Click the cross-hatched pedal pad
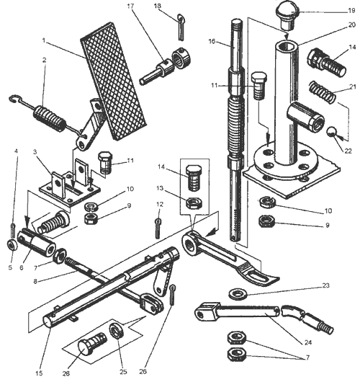(114, 81)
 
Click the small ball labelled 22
(331, 132)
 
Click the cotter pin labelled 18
(181, 27)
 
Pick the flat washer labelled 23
(238, 293)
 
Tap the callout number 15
(39, 373)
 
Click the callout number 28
(66, 373)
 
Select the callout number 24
(308, 342)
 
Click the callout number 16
(212, 42)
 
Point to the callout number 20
(352, 25)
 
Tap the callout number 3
(35, 152)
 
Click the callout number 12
(159, 204)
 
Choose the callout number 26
(143, 371)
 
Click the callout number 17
(131, 6)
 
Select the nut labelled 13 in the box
(194, 203)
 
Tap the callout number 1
(44, 40)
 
